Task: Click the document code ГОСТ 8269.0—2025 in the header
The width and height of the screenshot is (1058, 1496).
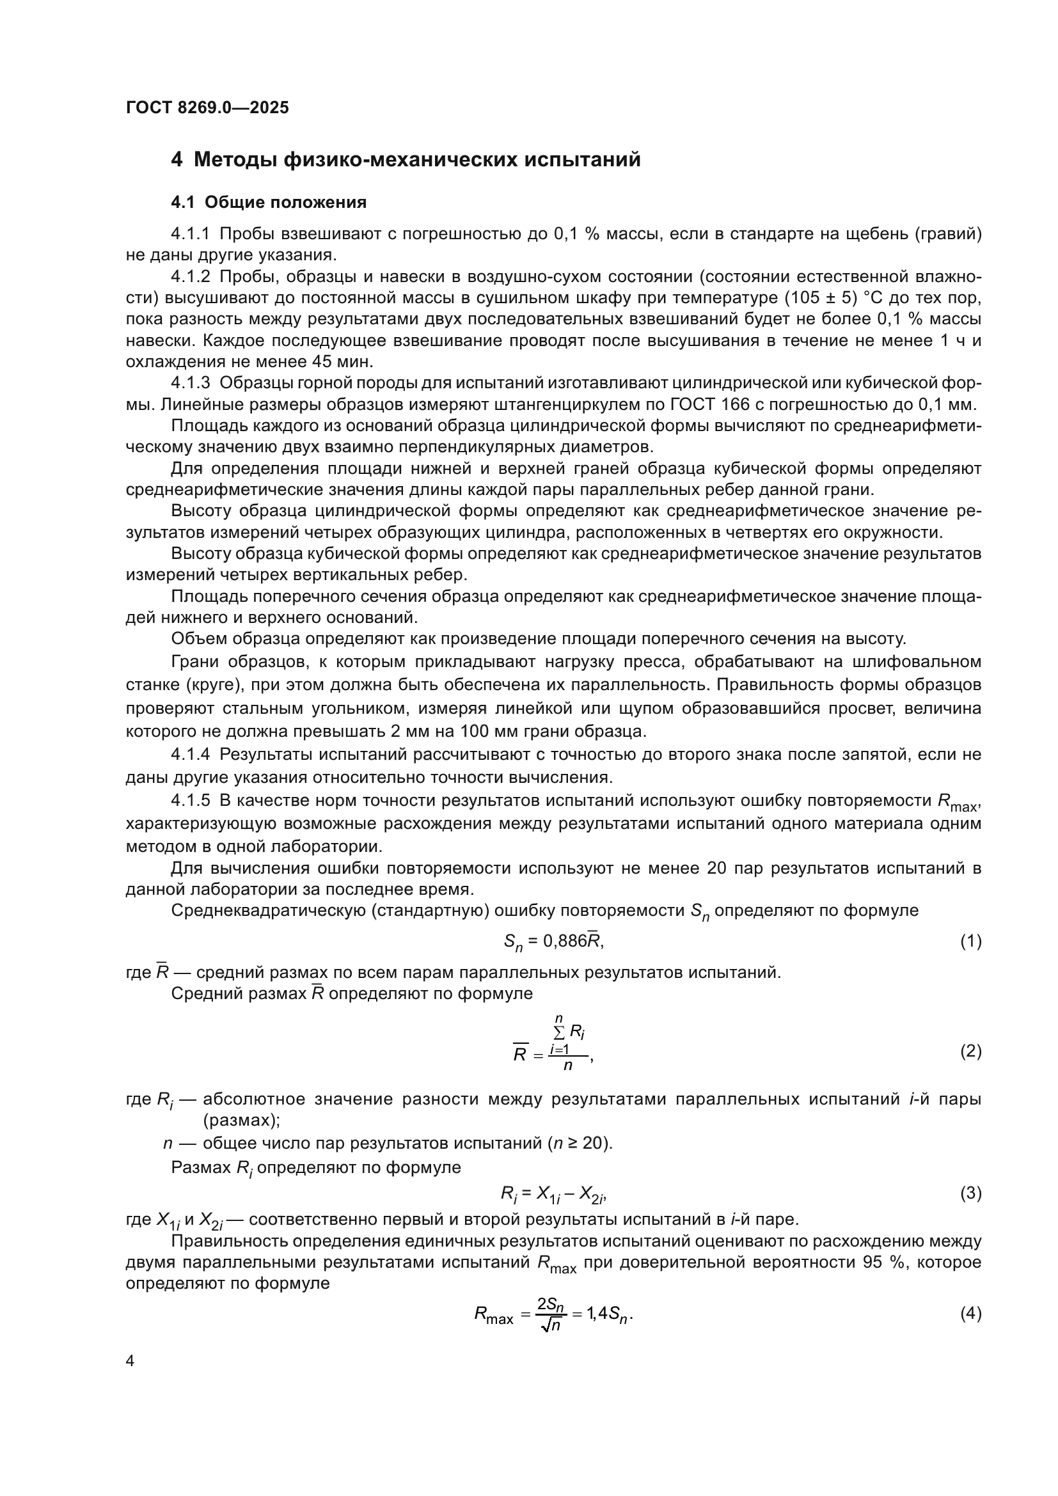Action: (207, 107)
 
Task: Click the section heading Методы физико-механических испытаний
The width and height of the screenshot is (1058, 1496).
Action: (417, 160)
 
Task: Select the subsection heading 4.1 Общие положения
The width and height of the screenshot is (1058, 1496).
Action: (269, 203)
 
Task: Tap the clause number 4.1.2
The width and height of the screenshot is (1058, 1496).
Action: (190, 277)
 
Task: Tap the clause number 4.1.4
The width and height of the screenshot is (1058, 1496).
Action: (190, 755)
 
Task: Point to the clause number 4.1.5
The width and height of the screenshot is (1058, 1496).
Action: (190, 801)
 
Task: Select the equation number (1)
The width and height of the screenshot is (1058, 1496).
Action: (971, 941)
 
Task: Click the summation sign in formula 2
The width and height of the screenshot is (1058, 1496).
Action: (559, 1032)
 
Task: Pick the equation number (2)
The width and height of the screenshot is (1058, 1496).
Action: (971, 1051)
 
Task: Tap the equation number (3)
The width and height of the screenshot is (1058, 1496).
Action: (971, 1193)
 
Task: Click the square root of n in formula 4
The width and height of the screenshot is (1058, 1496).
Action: (551, 1325)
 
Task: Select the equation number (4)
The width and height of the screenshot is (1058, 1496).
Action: (971, 1314)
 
